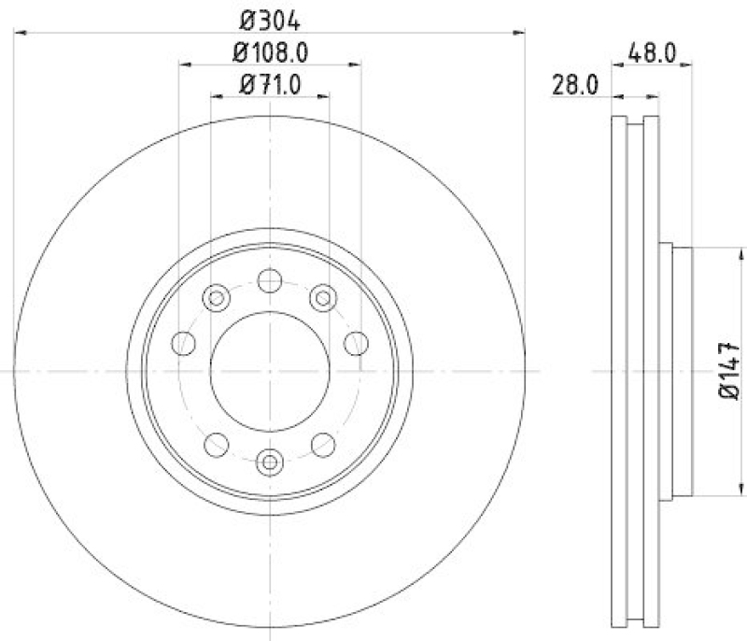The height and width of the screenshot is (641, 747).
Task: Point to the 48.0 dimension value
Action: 653,52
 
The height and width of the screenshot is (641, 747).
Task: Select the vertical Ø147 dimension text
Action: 730,371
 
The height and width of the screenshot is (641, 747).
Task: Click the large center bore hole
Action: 270,371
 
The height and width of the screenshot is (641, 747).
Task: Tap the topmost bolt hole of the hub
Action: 270,280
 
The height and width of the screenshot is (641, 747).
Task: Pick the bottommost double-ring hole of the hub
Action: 270,461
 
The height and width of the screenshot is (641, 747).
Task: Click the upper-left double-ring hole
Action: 216,298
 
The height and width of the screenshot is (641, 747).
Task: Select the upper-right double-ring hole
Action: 323,298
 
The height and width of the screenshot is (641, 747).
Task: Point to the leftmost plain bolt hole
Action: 184,343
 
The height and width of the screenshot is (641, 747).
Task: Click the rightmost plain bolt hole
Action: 356,343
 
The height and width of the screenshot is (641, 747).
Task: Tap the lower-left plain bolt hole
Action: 217,443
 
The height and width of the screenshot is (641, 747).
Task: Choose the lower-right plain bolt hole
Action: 323,443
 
